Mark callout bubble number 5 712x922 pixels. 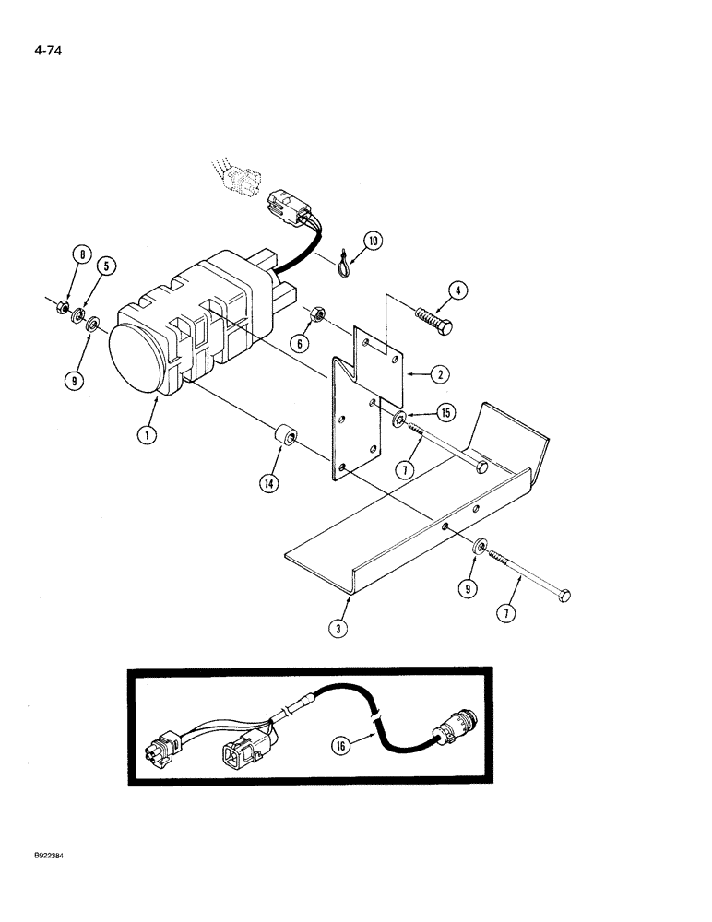(x=109, y=267)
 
